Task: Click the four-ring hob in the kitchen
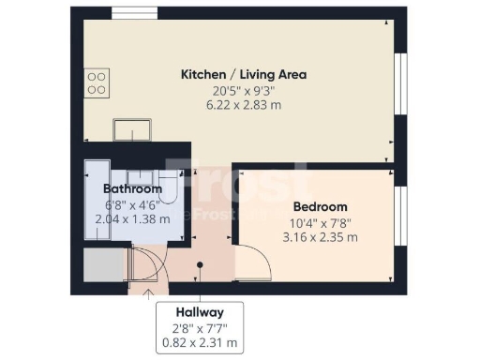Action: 96,83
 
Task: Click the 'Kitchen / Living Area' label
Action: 243,74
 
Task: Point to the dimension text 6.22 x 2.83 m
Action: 243,105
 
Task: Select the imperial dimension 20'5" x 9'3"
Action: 243,90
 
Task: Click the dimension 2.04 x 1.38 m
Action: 132,218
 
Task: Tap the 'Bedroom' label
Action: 320,206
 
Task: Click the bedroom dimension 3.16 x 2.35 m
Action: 320,237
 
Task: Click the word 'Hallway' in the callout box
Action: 199,312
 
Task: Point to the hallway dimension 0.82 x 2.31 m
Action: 199,343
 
